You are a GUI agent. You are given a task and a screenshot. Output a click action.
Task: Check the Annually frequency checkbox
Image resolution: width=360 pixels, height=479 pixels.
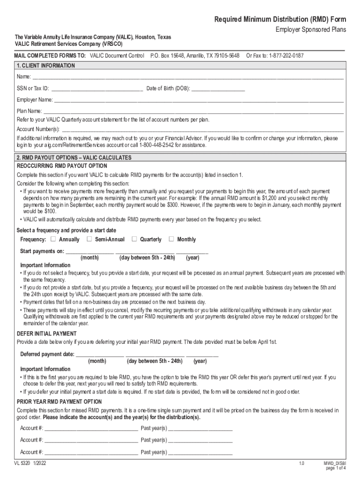(52, 239)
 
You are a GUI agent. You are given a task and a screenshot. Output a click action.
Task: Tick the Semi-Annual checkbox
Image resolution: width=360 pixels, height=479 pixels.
(89, 239)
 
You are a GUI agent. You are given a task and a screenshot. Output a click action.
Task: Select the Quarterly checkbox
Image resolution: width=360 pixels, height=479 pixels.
(134, 239)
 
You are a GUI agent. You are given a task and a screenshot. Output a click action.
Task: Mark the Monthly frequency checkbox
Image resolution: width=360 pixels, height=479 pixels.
(171, 239)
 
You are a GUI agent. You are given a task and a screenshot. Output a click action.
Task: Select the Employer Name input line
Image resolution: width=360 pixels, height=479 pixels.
(199, 100)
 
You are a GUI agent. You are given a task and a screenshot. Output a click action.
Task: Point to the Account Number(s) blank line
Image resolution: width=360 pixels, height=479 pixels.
(203, 129)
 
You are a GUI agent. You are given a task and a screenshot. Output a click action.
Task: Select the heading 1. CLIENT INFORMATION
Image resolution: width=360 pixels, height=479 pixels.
(45, 66)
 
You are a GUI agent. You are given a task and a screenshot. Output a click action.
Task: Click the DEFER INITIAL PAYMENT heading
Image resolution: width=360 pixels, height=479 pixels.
(47, 334)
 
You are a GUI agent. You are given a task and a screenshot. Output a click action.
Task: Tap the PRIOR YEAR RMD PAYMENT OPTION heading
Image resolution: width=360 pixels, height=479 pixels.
(59, 402)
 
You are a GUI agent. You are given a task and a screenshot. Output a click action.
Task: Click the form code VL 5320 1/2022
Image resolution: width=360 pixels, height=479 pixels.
(30, 463)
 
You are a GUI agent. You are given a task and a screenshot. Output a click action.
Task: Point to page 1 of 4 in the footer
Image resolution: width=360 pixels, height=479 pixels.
(336, 468)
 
